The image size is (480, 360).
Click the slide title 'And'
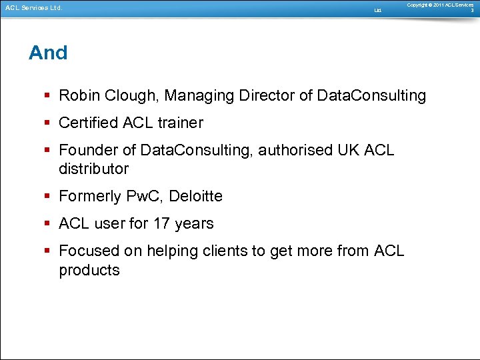48,53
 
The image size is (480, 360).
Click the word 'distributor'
93,169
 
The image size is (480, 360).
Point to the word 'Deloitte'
196,197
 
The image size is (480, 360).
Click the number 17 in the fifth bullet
162,224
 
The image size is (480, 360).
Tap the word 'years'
194,224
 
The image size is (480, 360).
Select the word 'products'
89,271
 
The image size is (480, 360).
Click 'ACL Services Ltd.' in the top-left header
33,9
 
